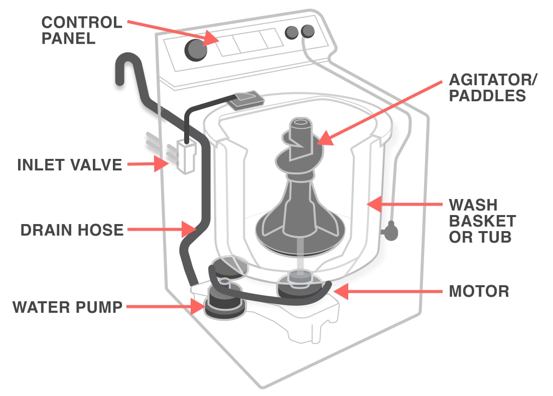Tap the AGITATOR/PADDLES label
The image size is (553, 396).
(487, 87)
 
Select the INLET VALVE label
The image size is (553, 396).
(69, 165)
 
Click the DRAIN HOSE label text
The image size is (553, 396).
(72, 230)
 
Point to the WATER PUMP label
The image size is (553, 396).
(68, 307)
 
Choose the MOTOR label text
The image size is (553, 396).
(479, 291)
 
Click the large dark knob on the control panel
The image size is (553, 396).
(196, 49)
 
